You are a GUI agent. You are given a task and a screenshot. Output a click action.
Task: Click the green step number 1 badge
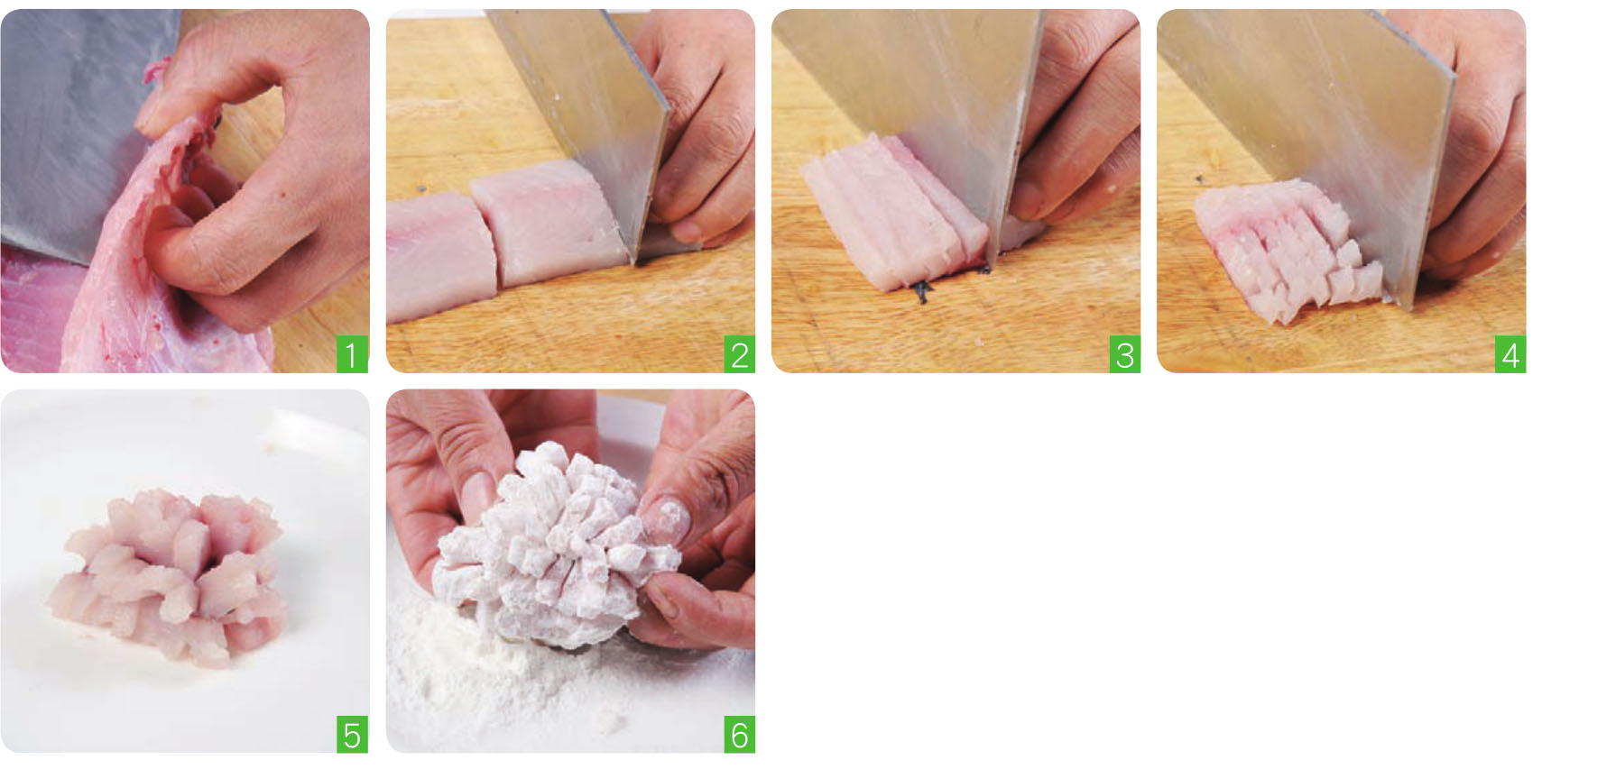point(352,355)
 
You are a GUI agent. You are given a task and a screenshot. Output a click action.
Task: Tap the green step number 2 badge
point(739,355)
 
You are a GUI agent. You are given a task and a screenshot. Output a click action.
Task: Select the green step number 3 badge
point(1124,355)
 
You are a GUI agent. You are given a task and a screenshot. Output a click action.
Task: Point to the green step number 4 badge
point(1510,355)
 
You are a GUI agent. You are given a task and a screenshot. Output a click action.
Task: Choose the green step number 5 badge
point(352,736)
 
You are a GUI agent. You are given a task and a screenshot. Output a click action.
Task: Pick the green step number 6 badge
point(739,736)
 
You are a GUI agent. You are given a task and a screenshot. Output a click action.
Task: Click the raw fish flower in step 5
point(176,568)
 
